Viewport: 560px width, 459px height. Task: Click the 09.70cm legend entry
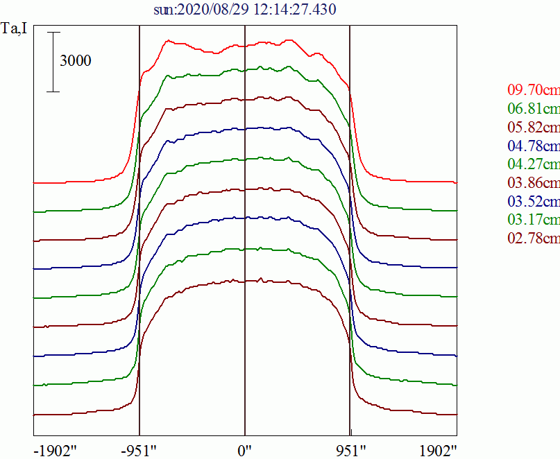533,89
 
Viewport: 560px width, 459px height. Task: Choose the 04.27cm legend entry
533,164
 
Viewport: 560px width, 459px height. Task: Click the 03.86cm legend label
533,183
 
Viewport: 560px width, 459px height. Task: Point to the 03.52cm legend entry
533,202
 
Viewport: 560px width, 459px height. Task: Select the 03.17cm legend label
533,220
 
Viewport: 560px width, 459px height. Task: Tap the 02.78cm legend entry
533,239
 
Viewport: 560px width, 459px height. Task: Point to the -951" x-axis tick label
139,449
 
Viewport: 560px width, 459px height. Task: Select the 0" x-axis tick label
245,449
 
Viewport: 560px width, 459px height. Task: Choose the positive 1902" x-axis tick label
435,449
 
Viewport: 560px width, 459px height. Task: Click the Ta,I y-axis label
14,30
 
